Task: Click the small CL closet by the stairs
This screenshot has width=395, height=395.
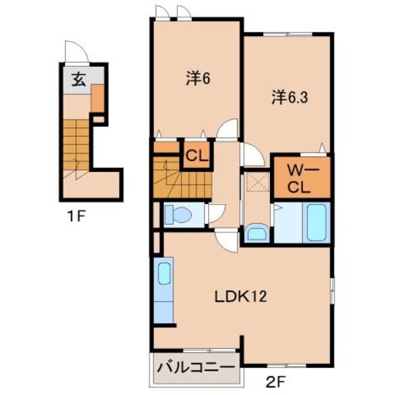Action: [x=196, y=156]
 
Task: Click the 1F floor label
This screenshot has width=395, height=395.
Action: [x=78, y=215]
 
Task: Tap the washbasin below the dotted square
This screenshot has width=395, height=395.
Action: [x=255, y=233]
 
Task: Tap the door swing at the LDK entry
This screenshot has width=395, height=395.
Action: [x=225, y=239]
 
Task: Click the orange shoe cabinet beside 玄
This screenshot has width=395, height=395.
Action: [x=97, y=99]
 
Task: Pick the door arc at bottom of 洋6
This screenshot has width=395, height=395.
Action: [x=228, y=130]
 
